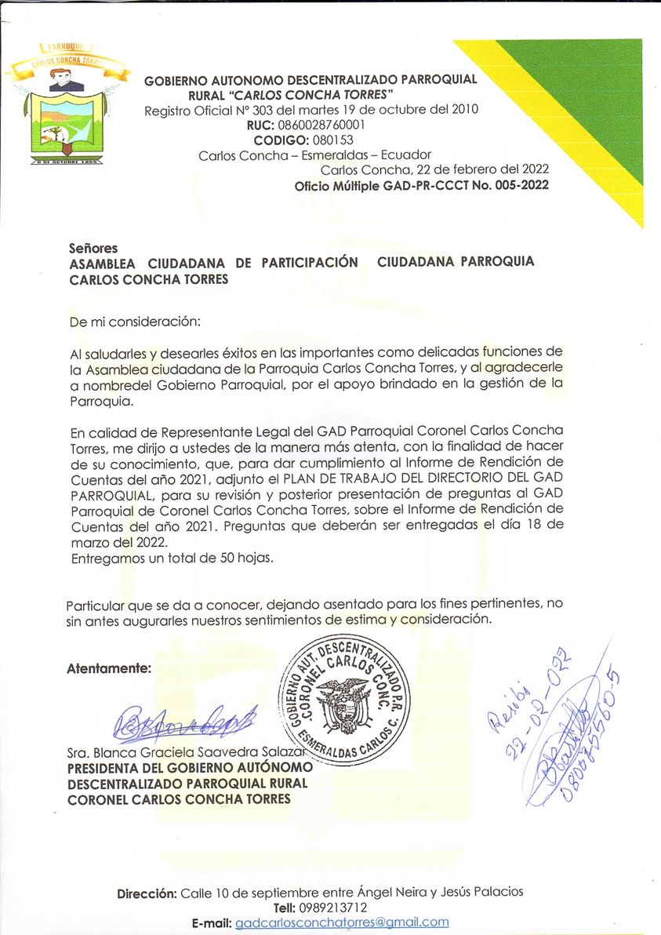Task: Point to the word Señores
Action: pyautogui.click(x=93, y=248)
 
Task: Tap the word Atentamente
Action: pyautogui.click(x=109, y=669)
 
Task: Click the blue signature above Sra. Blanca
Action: pyautogui.click(x=184, y=722)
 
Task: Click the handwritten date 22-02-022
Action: pyautogui.click(x=532, y=710)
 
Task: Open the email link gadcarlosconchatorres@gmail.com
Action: pyautogui.click(x=342, y=922)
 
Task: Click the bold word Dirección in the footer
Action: pyautogui.click(x=147, y=893)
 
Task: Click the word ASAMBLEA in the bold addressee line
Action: pyautogui.click(x=105, y=262)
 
